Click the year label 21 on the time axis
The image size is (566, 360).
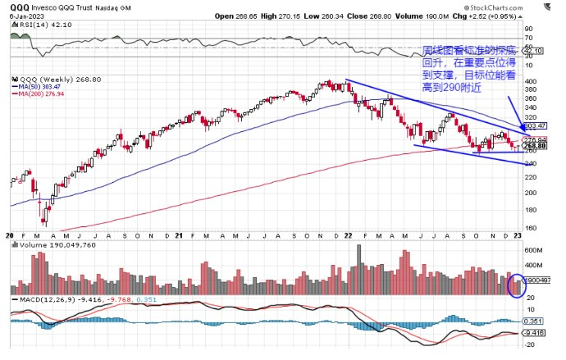tap(178, 236)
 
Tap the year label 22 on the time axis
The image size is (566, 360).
tap(347, 236)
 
